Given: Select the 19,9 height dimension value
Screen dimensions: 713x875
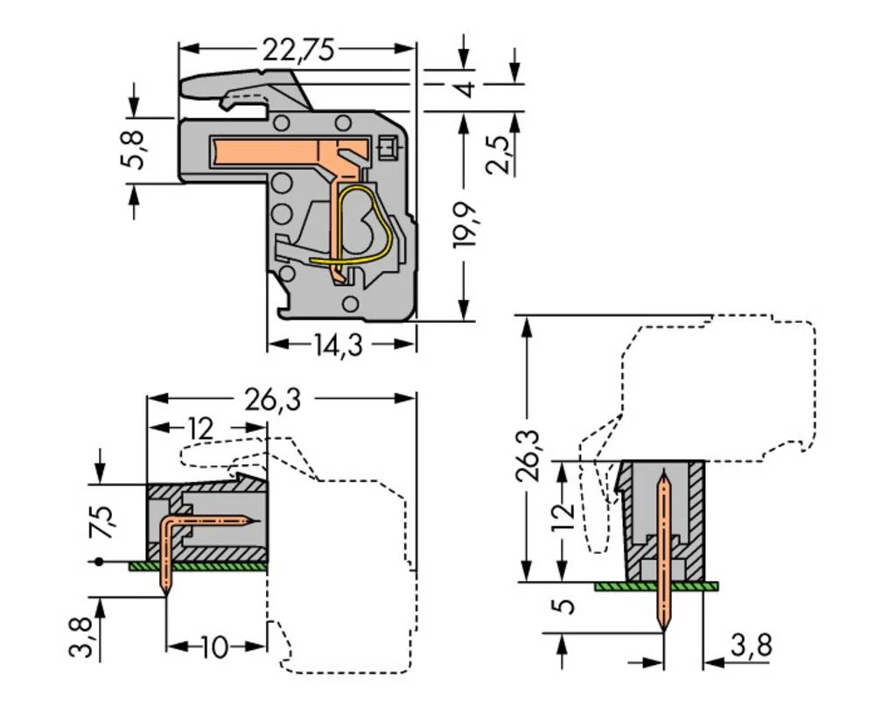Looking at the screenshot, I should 465,225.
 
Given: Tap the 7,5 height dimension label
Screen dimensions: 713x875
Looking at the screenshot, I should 101,522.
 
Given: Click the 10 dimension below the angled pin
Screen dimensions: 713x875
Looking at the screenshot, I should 214,648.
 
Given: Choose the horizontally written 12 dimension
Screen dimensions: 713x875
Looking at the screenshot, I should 199,430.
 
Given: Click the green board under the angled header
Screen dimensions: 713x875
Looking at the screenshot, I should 198,566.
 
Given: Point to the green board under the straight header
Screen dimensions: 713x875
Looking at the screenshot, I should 656,585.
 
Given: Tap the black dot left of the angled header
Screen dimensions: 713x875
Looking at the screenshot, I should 100,561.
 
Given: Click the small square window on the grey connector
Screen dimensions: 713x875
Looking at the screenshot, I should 388,147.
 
